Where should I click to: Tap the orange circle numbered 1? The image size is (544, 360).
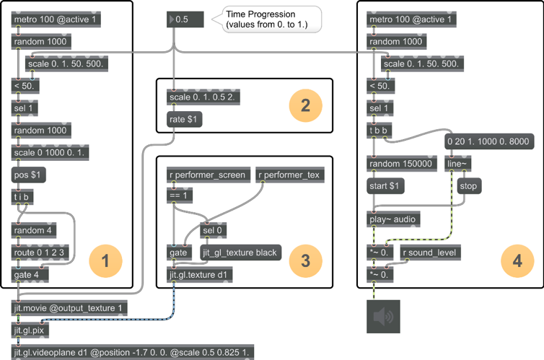pos(106,260)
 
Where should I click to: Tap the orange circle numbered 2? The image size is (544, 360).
pos(306,106)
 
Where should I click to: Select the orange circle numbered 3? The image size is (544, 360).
pos(306,260)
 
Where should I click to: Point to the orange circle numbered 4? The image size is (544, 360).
pos(517,260)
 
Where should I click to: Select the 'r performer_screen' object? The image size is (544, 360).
pos(207,174)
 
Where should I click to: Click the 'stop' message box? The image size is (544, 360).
pos(469,185)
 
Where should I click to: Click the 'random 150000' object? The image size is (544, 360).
pos(400,164)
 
